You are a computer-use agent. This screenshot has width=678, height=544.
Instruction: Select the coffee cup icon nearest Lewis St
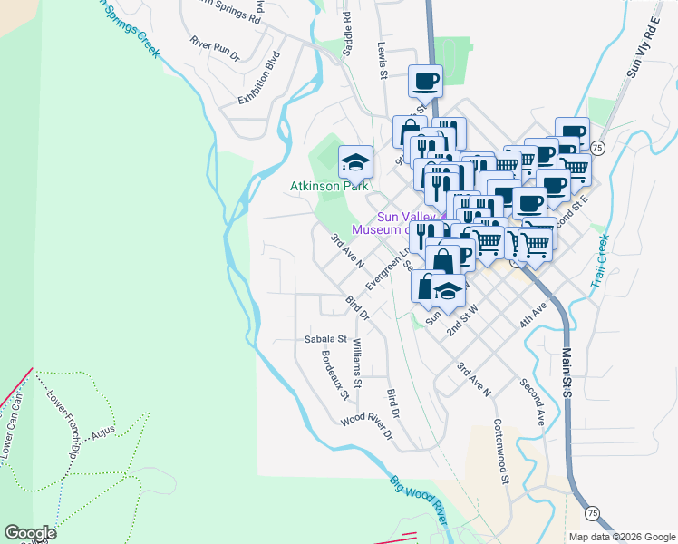(x=425, y=82)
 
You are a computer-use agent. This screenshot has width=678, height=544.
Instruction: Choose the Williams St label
(x=358, y=364)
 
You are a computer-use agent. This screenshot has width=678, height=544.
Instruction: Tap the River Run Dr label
(x=215, y=49)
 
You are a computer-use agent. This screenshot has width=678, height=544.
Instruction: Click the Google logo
(x=30, y=533)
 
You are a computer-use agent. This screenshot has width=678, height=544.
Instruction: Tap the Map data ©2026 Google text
(x=622, y=537)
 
